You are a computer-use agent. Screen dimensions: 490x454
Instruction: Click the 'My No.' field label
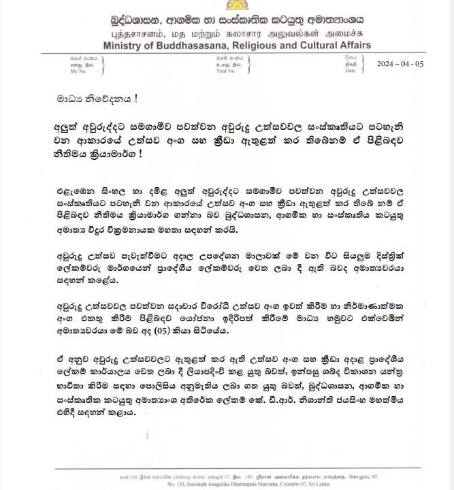79,71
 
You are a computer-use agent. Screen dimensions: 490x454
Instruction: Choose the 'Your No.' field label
225,70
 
